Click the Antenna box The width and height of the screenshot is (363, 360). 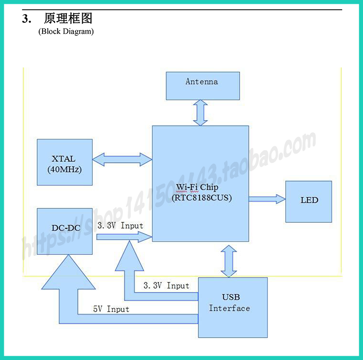(x=203, y=86)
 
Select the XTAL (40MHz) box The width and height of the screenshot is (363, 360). (x=64, y=162)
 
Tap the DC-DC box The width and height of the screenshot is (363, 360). (x=64, y=231)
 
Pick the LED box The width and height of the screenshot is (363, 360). (x=309, y=202)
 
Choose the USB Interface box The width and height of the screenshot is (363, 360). (x=233, y=307)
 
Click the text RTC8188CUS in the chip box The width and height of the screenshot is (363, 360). (x=202, y=198)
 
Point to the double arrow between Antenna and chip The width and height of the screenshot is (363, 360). (x=200, y=113)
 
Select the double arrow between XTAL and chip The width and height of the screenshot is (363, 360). (x=122, y=159)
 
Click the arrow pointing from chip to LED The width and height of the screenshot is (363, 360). (x=267, y=199)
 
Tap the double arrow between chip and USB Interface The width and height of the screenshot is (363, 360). (x=229, y=261)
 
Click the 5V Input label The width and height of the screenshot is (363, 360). (x=111, y=309)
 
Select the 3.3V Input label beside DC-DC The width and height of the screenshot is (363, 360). (x=120, y=226)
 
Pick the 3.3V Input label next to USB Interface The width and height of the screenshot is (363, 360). (x=166, y=285)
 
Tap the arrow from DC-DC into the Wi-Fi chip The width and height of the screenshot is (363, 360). (x=124, y=236)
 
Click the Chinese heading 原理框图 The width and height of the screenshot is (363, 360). (x=68, y=18)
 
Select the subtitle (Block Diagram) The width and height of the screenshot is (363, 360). (x=66, y=31)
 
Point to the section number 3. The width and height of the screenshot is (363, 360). (x=27, y=18)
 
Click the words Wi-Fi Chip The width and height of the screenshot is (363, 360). (x=197, y=187)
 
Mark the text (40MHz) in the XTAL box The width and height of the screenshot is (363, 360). (x=64, y=170)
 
